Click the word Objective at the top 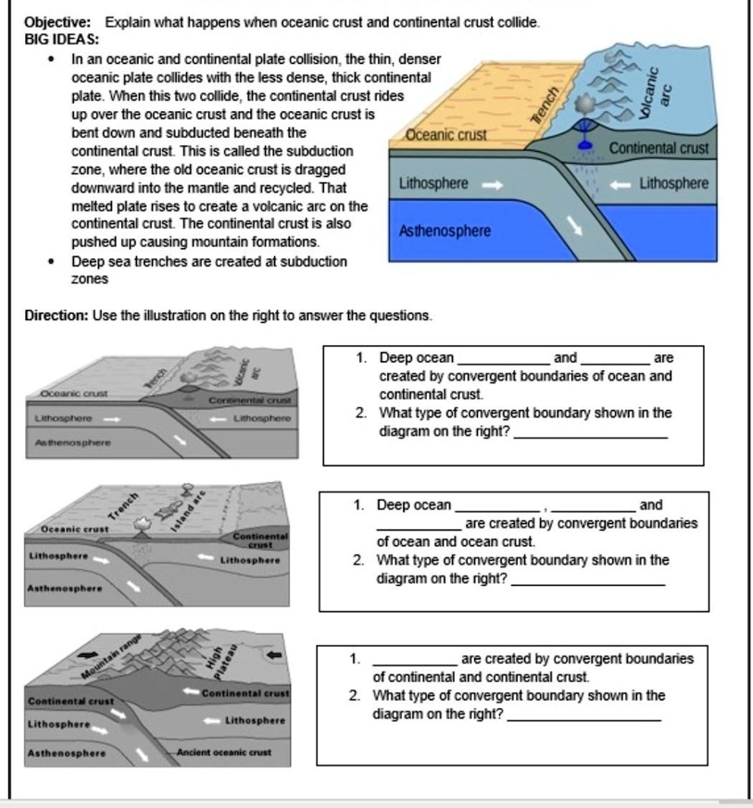point(56,21)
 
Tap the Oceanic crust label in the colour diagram point(446,136)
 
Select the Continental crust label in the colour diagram point(659,148)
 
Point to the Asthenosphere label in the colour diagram point(445,230)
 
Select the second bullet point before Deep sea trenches point(53,262)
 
